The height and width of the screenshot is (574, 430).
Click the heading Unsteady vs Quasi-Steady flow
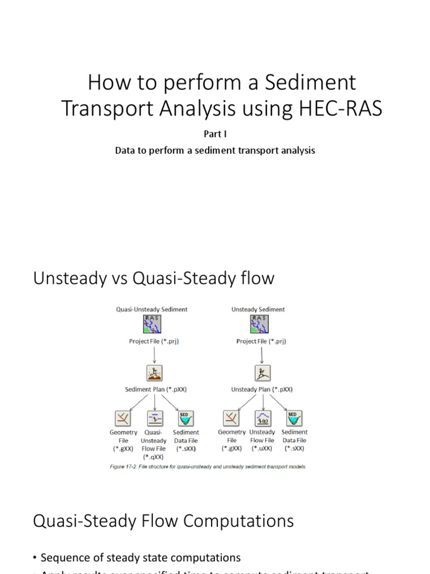pos(154,279)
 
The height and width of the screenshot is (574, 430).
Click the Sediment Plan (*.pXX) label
pos(152,389)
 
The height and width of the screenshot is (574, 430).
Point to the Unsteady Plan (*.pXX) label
pos(261,389)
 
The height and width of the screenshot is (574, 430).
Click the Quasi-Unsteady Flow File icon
pos(155,418)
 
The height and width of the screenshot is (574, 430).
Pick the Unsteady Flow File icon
pos(263,418)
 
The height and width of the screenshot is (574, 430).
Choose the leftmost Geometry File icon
pos(123,418)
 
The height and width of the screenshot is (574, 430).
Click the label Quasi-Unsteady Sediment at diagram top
pos(151,309)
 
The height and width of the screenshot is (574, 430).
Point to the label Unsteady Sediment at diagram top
pos(258,309)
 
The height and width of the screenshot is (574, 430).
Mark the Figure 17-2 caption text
pos(208,466)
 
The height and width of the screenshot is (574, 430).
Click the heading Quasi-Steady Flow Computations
pos(163,521)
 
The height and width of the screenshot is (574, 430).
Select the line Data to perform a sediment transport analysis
pos(215,150)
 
